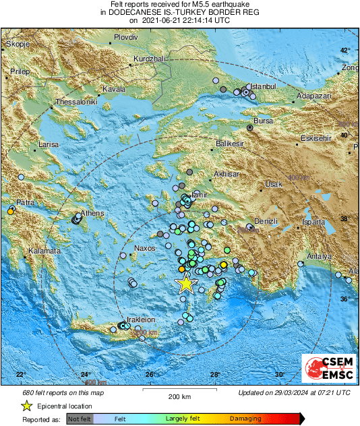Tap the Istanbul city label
click(x=264, y=87)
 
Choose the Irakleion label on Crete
click(x=141, y=319)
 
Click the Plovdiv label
click(x=125, y=38)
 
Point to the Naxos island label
click(x=146, y=249)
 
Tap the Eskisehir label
click(x=316, y=138)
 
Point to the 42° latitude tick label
click(x=345, y=51)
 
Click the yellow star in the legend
click(x=26, y=406)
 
